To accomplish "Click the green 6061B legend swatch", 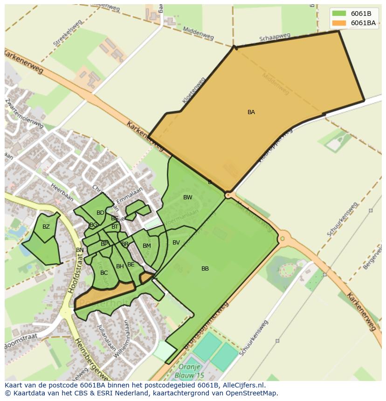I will pyautogui.click(x=339, y=14).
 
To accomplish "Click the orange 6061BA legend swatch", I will pyautogui.click(x=339, y=23).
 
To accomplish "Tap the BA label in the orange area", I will pyautogui.click(x=251, y=112).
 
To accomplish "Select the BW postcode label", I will pyautogui.click(x=187, y=197).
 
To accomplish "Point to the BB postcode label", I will pyautogui.click(x=205, y=269).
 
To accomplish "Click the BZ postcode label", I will pyautogui.click(x=46, y=227).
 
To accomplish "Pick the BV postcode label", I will pyautogui.click(x=176, y=243).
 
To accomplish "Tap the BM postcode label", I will pyautogui.click(x=147, y=246).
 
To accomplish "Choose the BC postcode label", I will pyautogui.click(x=104, y=273).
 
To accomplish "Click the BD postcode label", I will pyautogui.click(x=100, y=213).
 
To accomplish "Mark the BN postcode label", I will pyautogui.click(x=80, y=250).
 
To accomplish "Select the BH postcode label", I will pyautogui.click(x=120, y=266).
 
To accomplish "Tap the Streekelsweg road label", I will pyautogui.click(x=67, y=33).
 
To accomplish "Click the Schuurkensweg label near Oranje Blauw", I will pyautogui.click(x=254, y=338).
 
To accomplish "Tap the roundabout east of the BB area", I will pyautogui.click(x=282, y=239).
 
